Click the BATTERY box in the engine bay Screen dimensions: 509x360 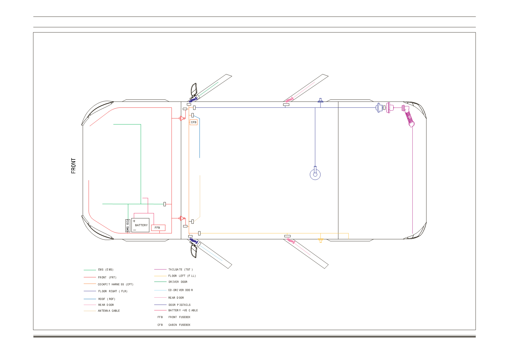140,225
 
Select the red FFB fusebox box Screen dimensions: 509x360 158,228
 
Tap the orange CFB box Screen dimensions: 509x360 193,122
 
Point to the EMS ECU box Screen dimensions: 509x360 128,226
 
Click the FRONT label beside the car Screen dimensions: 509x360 73,166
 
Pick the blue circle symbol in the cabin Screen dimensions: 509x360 315,174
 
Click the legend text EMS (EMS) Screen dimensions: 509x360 106,270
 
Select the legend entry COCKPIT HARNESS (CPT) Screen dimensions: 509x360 115,284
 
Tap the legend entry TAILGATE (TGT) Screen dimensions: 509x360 180,270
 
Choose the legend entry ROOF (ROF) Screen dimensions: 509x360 107,299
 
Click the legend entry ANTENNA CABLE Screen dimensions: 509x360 109,311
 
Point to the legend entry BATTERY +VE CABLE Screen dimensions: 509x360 183,310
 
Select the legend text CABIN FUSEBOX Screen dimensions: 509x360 179,325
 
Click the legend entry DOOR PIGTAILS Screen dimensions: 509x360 180,305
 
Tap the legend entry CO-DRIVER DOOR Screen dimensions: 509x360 180,290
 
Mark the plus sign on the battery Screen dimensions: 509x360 134,221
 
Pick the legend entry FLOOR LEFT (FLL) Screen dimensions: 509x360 182,276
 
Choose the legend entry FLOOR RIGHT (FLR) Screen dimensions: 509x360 113,291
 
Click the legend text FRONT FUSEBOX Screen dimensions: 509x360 179,317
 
